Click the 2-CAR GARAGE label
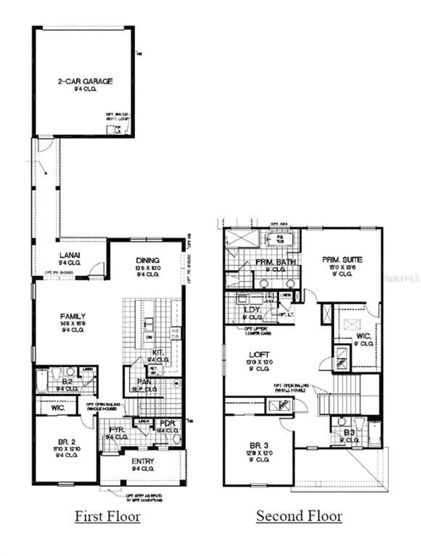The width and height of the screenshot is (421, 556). (85, 81)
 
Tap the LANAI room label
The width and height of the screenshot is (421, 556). (70, 255)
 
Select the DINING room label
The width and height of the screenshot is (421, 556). (148, 261)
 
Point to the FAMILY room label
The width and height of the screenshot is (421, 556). (73, 316)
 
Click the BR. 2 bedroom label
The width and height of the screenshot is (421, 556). (66, 442)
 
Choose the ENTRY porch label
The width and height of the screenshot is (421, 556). (143, 461)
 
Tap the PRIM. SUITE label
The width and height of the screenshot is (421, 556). (342, 260)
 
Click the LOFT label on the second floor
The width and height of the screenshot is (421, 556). (259, 355)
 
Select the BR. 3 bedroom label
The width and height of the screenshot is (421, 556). (259, 446)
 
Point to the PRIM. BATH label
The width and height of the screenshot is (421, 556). (276, 262)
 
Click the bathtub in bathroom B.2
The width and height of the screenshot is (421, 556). (42, 381)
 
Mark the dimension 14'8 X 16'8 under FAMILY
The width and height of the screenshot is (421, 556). (73, 323)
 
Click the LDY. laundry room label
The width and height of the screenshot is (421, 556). (252, 310)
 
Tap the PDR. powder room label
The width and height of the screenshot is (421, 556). (168, 423)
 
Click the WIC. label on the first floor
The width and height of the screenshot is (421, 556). (58, 408)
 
